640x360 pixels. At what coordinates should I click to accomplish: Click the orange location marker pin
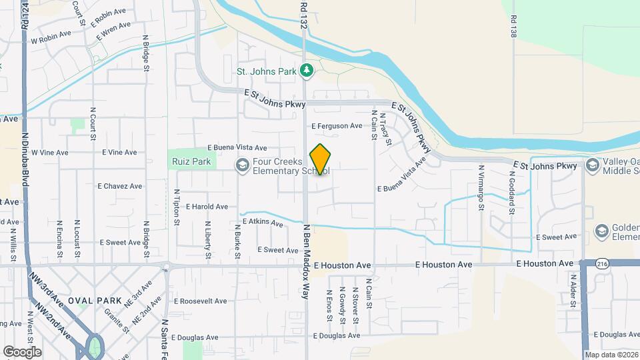tap(320, 159)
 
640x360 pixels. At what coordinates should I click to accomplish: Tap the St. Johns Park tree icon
tap(306, 69)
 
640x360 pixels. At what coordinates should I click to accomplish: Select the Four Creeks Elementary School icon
tap(241, 165)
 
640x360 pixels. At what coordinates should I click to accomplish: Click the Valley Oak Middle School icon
tap(591, 165)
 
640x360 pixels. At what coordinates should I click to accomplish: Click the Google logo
tap(22, 351)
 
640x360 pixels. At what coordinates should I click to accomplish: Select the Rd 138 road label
tap(513, 27)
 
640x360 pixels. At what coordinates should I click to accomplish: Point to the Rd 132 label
tap(303, 13)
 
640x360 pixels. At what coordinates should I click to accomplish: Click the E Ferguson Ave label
tap(337, 125)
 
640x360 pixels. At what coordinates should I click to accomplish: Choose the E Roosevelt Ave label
tap(200, 301)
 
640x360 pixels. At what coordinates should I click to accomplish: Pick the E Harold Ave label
tap(207, 207)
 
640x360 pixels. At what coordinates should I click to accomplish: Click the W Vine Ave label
tap(50, 153)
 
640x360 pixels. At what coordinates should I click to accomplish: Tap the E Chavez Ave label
tap(120, 186)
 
